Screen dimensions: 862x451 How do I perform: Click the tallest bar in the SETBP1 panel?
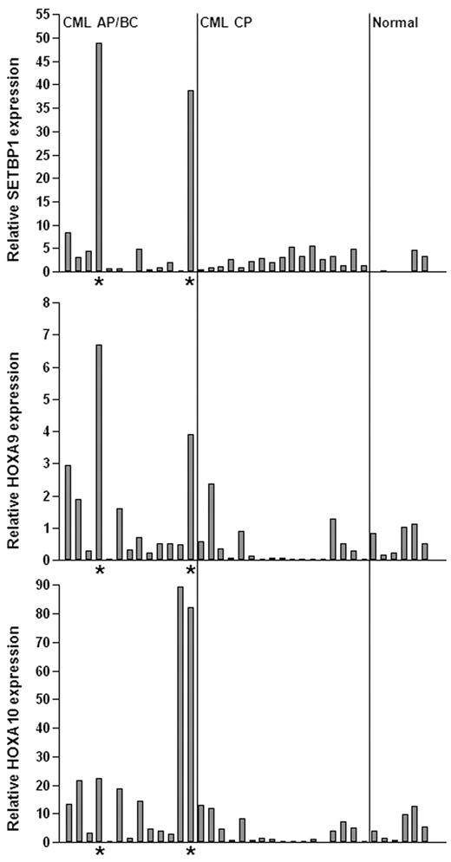click(99, 157)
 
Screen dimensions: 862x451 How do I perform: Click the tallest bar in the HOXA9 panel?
click(99, 452)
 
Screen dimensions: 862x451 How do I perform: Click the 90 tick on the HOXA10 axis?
click(41, 587)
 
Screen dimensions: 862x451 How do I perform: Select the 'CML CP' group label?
click(225, 23)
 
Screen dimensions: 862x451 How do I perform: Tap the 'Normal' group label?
click(395, 23)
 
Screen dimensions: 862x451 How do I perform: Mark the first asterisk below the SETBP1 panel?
click(99, 283)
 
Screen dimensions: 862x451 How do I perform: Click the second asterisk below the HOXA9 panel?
click(190, 571)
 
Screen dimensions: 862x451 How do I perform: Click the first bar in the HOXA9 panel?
click(68, 513)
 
